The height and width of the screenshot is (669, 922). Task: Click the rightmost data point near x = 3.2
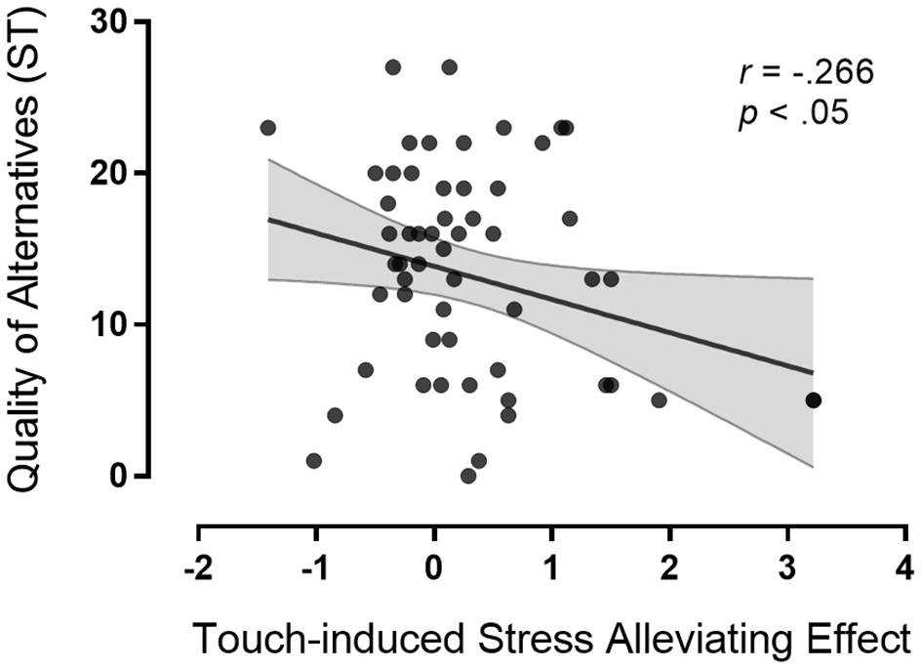coord(813,400)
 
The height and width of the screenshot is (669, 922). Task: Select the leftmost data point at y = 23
coord(268,128)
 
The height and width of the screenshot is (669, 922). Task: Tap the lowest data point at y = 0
coord(468,476)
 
